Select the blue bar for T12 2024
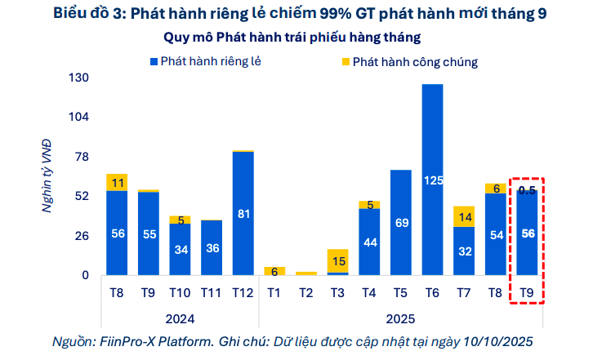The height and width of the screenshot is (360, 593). (243, 213)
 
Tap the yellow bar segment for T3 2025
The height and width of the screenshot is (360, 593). (337, 260)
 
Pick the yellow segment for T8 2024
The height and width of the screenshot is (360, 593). (117, 182)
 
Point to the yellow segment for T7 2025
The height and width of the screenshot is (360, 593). (464, 216)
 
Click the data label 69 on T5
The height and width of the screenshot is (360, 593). (400, 223)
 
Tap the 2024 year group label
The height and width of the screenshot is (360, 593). (180, 318)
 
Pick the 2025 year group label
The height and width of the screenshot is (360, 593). (400, 318)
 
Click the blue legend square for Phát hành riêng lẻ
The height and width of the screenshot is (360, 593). (154, 61)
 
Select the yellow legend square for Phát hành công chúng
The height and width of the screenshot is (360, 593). (345, 61)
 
